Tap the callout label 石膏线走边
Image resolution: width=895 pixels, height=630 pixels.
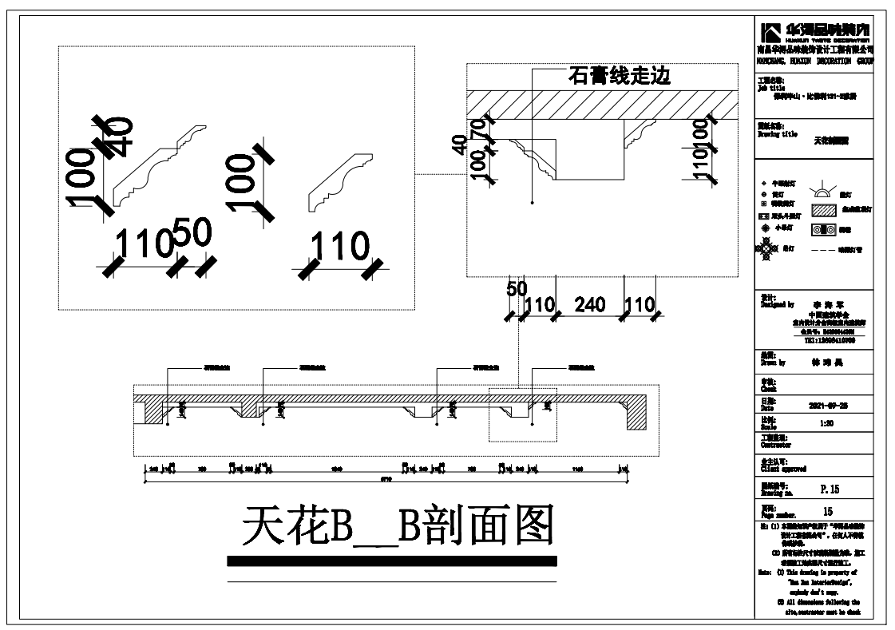pyautogui.click(x=619, y=77)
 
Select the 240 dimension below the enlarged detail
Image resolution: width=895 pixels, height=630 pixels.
pyautogui.click(x=591, y=304)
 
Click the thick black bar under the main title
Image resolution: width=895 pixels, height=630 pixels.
pyautogui.click(x=392, y=561)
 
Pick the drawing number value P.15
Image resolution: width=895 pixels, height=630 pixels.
pyautogui.click(x=830, y=489)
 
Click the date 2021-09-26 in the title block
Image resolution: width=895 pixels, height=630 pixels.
pyautogui.click(x=829, y=406)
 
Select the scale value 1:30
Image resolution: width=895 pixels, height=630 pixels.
pyautogui.click(x=828, y=424)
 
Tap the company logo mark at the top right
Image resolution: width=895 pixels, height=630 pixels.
pyautogui.click(x=771, y=33)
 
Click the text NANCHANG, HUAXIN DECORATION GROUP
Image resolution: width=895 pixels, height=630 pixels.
pyautogui.click(x=814, y=60)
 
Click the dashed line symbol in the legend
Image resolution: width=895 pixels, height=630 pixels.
pyautogui.click(x=822, y=250)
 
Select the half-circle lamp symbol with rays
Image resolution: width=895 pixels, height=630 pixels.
pyautogui.click(x=822, y=190)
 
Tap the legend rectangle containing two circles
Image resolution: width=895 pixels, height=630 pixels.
pyautogui.click(x=822, y=230)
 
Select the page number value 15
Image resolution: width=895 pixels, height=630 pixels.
pyautogui.click(x=828, y=510)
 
